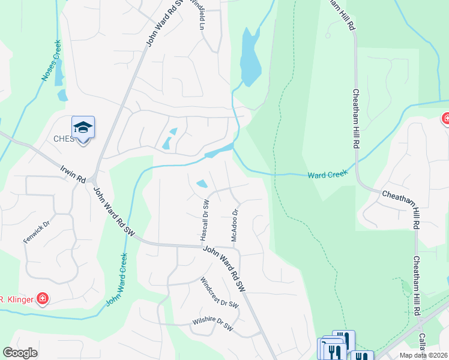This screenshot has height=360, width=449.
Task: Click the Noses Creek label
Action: tap(48, 62)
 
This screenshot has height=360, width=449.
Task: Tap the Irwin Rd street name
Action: tap(73, 172)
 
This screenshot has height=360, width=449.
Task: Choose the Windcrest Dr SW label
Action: tap(220, 293)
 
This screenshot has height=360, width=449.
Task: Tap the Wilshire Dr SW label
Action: tap(212, 324)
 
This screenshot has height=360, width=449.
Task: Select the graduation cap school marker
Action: tap(83, 127)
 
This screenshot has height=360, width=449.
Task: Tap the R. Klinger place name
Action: tap(14, 299)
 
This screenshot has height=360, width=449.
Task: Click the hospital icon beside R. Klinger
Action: tap(42, 299)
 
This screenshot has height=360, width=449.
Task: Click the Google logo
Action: tap(20, 353)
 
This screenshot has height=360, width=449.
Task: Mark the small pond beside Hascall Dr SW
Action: tap(202, 184)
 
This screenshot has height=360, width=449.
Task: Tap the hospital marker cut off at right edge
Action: tap(445, 119)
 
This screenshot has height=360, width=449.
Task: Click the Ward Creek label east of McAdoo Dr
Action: tap(328, 175)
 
